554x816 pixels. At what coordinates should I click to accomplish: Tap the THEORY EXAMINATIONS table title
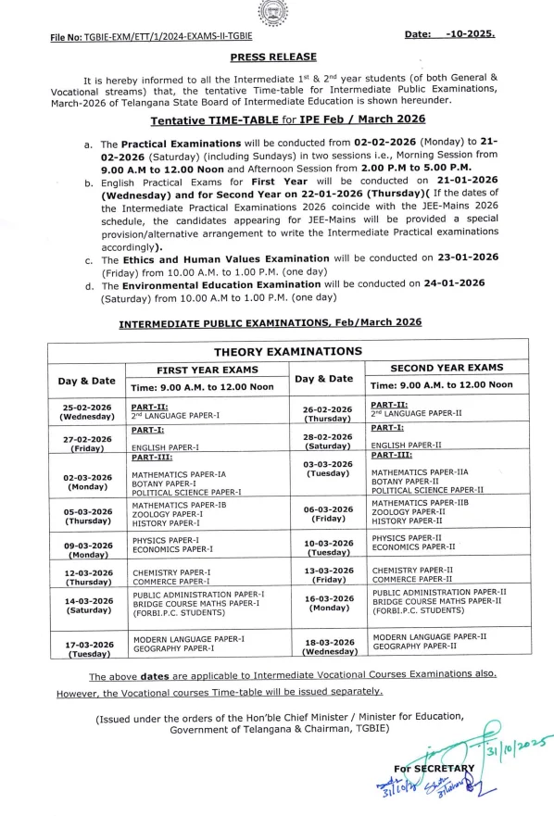288,352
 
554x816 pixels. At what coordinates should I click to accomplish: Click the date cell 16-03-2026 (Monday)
329,607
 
